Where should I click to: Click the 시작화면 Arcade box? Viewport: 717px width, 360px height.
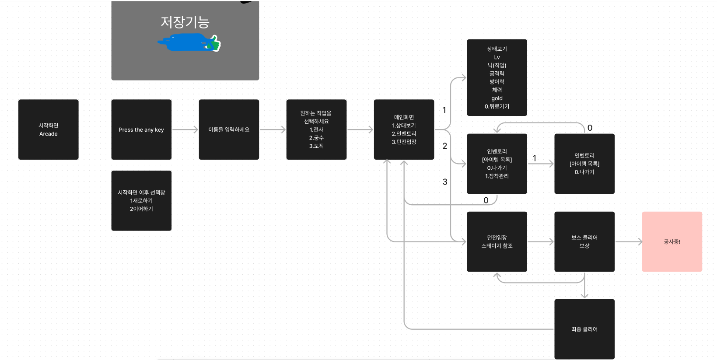click(48, 129)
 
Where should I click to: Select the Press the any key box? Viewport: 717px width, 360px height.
click(141, 129)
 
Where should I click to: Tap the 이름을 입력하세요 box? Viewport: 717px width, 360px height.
click(229, 129)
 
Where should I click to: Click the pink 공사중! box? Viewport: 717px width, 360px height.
click(672, 241)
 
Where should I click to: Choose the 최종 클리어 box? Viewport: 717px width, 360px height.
click(584, 329)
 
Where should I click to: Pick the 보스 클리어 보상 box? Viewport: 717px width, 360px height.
click(584, 241)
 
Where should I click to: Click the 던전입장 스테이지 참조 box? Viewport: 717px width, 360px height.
click(497, 241)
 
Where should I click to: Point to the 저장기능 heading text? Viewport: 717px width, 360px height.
click(185, 22)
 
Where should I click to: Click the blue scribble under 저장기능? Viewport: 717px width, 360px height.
click(184, 42)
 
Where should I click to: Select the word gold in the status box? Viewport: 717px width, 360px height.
click(497, 98)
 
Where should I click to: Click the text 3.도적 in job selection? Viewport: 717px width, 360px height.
click(316, 146)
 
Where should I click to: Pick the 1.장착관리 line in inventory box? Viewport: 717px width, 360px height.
click(497, 176)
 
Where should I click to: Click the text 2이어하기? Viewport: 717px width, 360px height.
click(141, 209)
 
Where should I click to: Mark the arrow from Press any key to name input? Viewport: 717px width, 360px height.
click(185, 129)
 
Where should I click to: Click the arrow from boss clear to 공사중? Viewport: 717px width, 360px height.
click(629, 241)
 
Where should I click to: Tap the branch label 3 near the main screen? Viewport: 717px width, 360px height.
click(445, 182)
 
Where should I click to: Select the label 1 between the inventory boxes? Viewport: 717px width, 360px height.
click(534, 158)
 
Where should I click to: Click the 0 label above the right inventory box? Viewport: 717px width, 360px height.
click(590, 128)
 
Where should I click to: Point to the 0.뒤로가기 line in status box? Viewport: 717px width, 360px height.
click(497, 106)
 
